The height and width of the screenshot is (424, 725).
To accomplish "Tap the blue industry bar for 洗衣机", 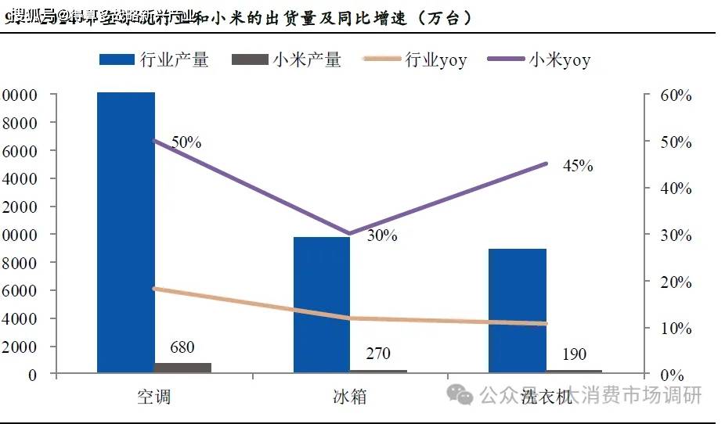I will tap(518, 310).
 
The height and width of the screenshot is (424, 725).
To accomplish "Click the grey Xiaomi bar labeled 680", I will tap(182, 367).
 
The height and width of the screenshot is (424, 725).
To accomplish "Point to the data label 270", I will tap(377, 354).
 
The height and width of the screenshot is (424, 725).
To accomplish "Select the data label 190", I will tap(573, 354).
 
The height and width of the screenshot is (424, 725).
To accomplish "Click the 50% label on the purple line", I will tap(186, 142).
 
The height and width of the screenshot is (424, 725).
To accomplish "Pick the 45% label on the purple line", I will tap(578, 166).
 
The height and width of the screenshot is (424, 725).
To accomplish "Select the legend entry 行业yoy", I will tap(415, 59).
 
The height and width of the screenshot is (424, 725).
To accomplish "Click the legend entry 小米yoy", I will tap(539, 59).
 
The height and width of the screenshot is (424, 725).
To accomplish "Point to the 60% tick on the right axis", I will tap(675, 96).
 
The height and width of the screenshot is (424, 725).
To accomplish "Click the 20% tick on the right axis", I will tap(675, 282).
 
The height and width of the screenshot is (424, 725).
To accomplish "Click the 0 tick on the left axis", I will tap(32, 375).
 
